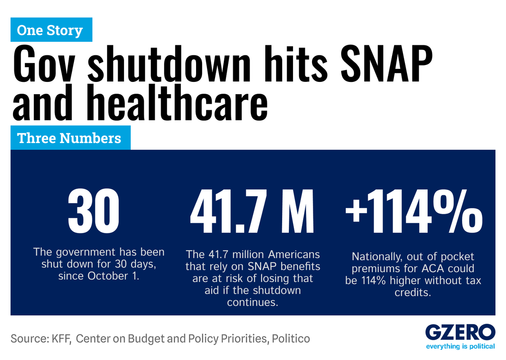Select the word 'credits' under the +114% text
[413, 292]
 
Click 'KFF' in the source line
[60, 338]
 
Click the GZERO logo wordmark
[460, 333]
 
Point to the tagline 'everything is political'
[460, 346]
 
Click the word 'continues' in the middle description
[253, 303]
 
